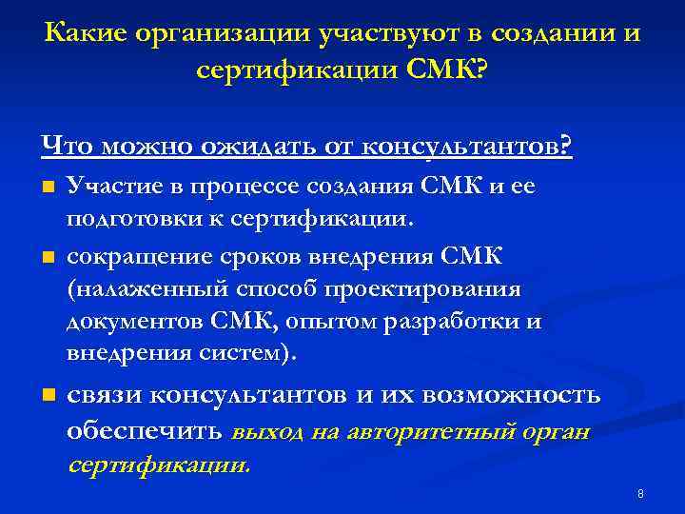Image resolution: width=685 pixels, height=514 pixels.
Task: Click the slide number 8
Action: point(640,494)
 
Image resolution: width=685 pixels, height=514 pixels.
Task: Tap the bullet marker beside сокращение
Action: point(48,256)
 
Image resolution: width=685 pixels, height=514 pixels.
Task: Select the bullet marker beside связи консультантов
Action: point(48,394)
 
